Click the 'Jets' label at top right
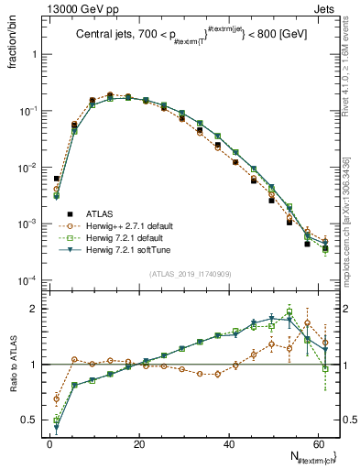coord(326,9)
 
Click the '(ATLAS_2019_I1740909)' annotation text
coord(191,273)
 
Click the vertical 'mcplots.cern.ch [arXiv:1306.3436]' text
coord(346,220)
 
